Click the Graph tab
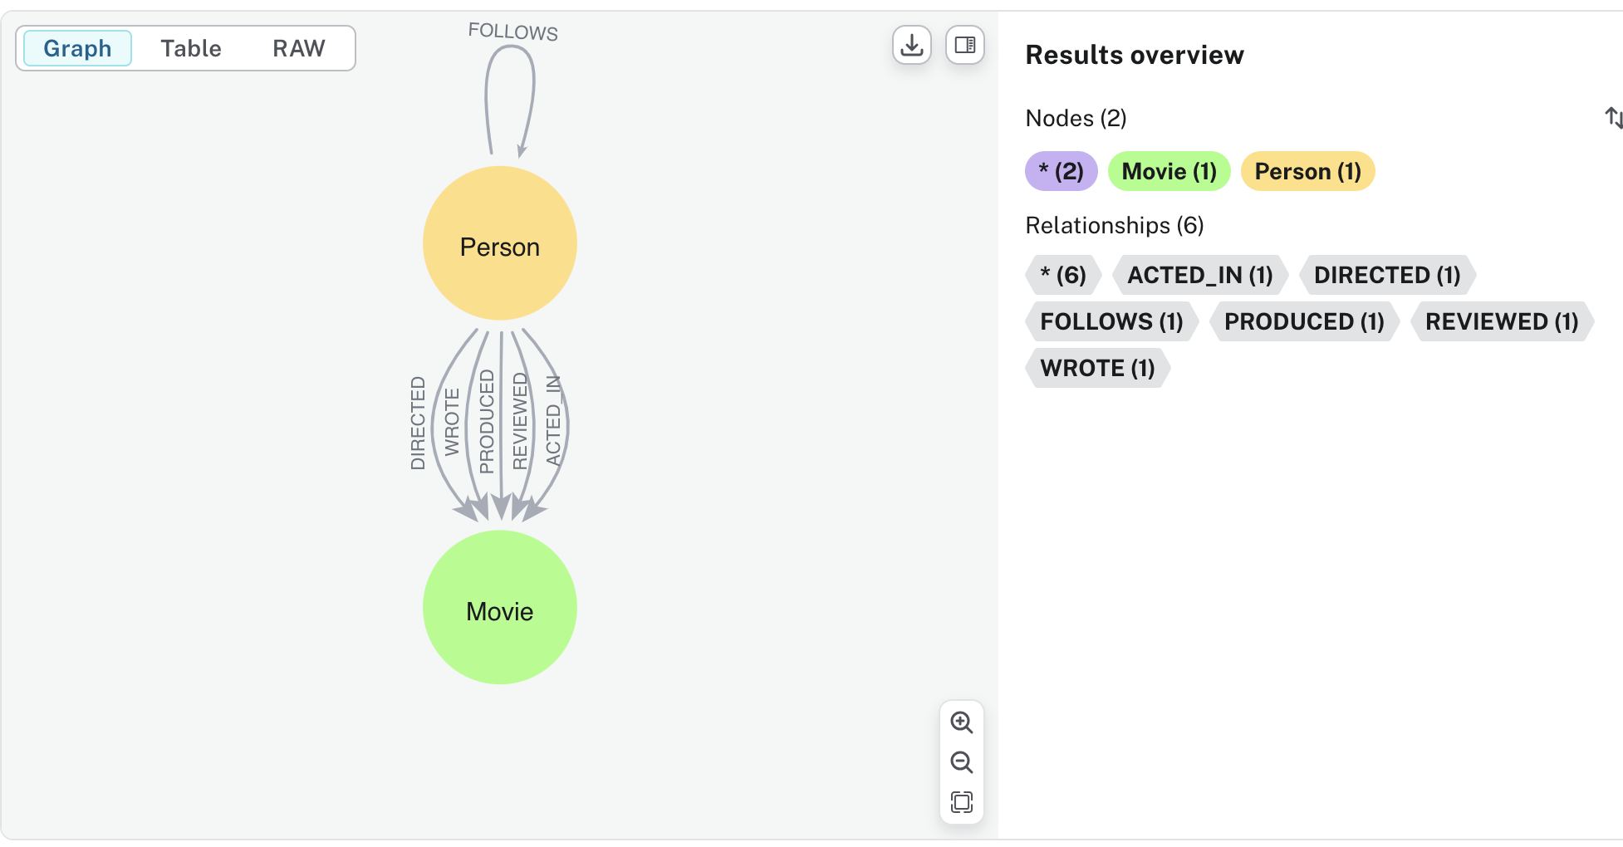77,48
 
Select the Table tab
191,48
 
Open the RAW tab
299,48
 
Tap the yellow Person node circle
500,243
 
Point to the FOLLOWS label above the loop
512,32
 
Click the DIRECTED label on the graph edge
418,423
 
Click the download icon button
912,45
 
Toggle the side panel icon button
965,45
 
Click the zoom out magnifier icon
962,762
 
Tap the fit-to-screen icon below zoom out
962,802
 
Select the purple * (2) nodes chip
1062,172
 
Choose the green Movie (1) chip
1169,172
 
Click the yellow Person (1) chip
1307,172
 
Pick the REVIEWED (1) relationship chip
1502,322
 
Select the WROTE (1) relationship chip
1097,369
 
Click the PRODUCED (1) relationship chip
1304,322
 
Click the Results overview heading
1135,56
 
